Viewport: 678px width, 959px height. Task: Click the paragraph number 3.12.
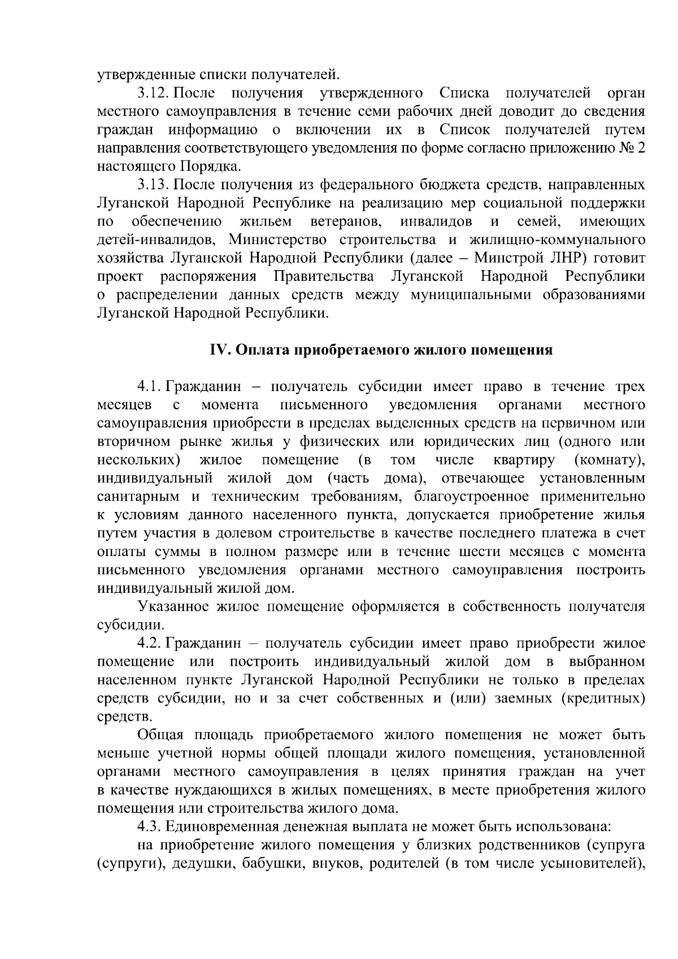[153, 93]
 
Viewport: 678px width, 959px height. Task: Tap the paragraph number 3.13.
[153, 185]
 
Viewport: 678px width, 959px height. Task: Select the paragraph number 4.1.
[149, 387]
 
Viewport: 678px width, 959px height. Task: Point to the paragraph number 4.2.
[149, 643]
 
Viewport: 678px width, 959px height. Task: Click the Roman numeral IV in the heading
[218, 350]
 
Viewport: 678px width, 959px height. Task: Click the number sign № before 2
[627, 148]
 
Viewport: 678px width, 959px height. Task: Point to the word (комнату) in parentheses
[609, 460]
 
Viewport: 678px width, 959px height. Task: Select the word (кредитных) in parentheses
[602, 698]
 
